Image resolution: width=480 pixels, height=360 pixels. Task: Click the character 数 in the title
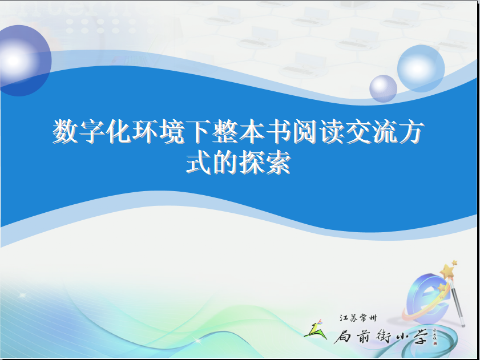[66, 131]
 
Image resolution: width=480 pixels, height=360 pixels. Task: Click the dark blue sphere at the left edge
[25, 60]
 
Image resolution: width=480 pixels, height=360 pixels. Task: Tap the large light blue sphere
[421, 68]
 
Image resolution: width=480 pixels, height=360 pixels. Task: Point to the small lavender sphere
[384, 89]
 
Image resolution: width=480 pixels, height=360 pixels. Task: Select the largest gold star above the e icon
[447, 272]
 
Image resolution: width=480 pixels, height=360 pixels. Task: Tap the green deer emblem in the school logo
[315, 330]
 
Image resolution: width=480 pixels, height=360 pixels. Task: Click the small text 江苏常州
[358, 318]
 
